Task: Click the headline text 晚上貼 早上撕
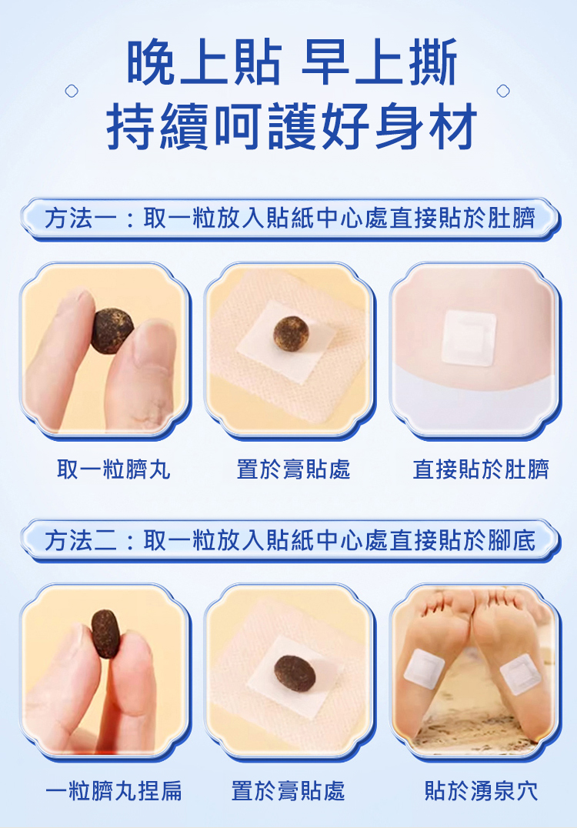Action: [292, 63]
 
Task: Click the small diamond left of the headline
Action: [72, 91]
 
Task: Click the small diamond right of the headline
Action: [503, 91]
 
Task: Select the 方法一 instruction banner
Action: [290, 219]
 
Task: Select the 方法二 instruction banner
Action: [290, 540]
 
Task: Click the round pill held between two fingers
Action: [112, 331]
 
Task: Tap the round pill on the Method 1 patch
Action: [291, 332]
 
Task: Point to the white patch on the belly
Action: [469, 339]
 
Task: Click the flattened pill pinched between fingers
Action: [106, 633]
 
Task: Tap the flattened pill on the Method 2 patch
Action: [295, 673]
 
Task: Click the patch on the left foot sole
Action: [424, 669]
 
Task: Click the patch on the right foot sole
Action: [521, 674]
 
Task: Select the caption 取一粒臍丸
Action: [114, 469]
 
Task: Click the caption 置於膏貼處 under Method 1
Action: [293, 469]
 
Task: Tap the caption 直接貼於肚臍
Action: [481, 469]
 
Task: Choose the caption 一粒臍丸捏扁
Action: [114, 790]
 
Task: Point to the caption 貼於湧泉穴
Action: [481, 790]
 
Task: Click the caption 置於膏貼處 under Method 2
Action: [288, 790]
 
